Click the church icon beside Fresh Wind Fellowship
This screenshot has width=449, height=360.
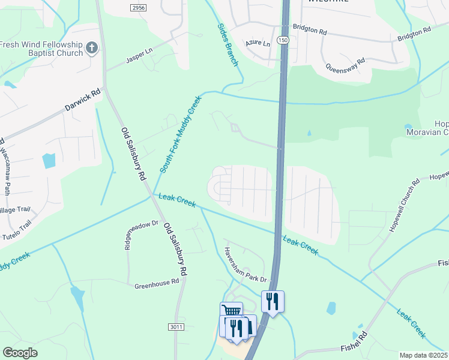(x=92, y=48)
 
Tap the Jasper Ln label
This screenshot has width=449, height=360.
(x=139, y=57)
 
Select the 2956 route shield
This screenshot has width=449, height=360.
(x=138, y=7)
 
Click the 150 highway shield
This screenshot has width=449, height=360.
(x=283, y=39)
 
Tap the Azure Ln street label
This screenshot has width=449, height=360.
(x=258, y=43)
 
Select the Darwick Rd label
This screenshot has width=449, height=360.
(x=83, y=103)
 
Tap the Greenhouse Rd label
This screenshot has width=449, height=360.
(x=157, y=282)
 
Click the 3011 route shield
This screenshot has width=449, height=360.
(x=175, y=326)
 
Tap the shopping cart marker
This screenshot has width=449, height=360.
(x=231, y=310)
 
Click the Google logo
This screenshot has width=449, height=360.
(x=20, y=353)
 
